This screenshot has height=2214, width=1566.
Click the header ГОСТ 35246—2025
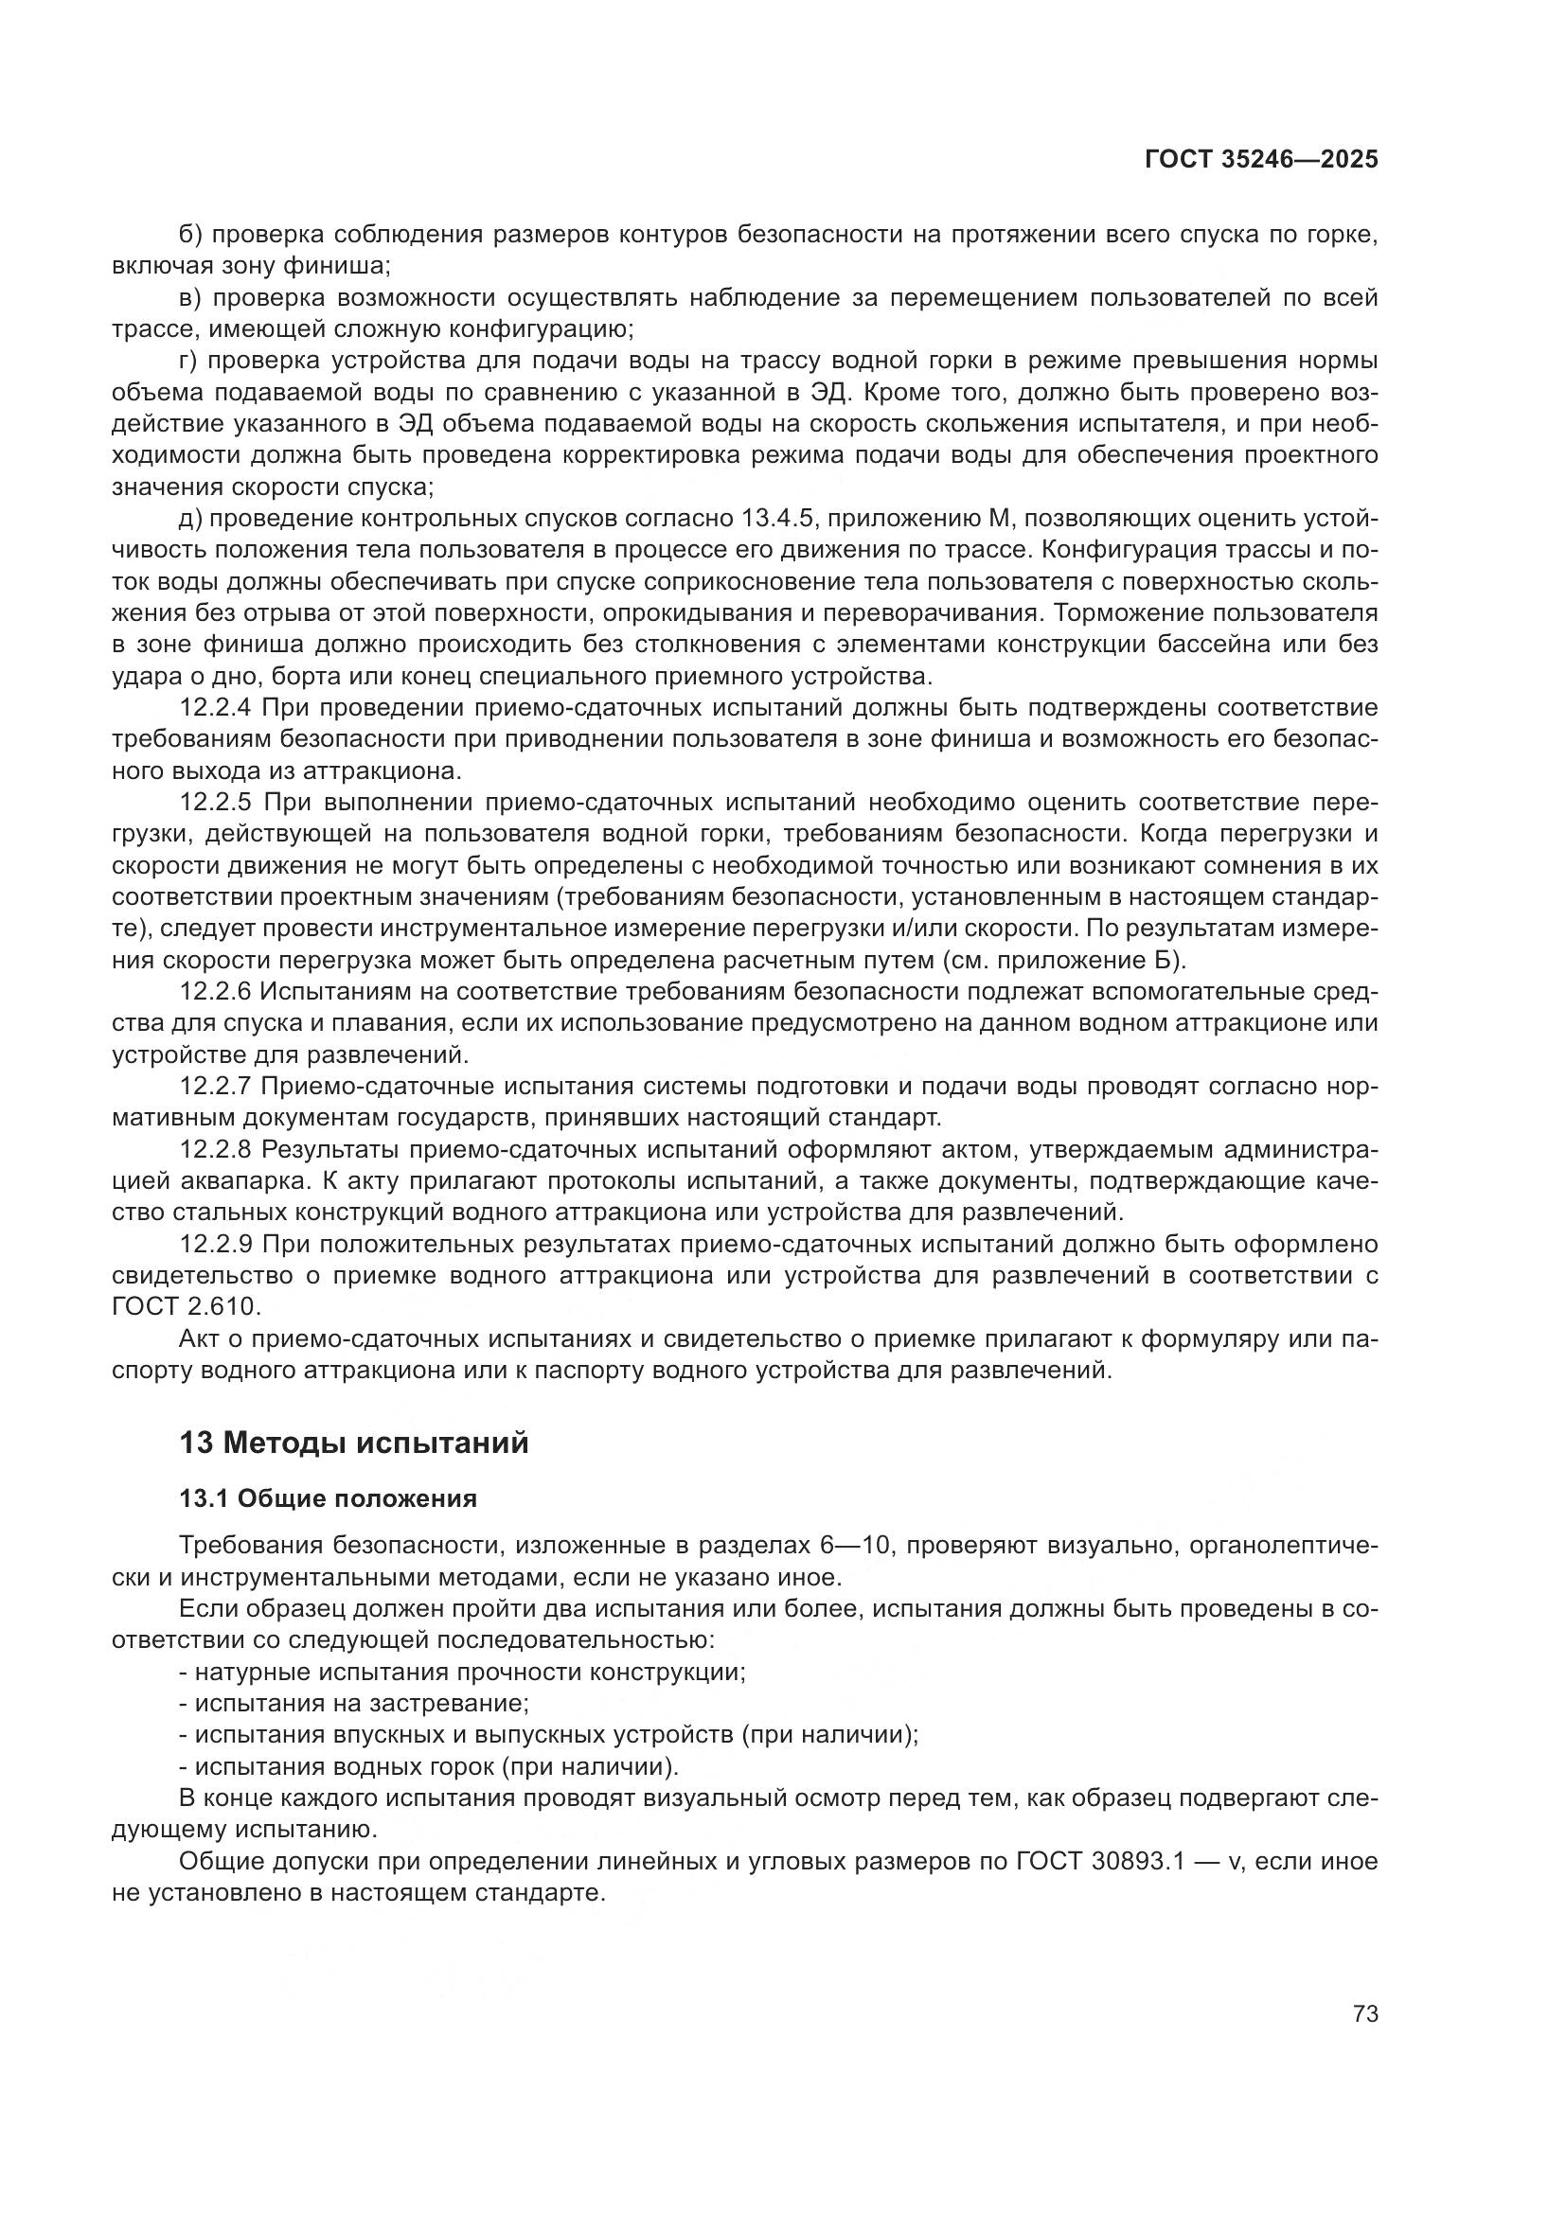[x=1261, y=160]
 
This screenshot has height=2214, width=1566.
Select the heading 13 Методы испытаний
[x=354, y=1443]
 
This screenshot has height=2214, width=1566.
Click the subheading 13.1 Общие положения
[x=328, y=1498]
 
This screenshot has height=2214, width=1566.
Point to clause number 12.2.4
[x=215, y=708]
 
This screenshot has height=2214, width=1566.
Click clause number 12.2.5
[x=215, y=803]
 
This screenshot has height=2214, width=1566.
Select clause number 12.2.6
[x=215, y=991]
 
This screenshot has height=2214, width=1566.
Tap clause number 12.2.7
[x=215, y=1086]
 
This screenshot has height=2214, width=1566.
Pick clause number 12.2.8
[x=215, y=1149]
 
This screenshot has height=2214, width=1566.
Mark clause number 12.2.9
[x=215, y=1244]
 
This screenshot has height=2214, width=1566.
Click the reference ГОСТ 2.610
[x=186, y=1306]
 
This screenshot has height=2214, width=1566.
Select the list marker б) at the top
[x=189, y=235]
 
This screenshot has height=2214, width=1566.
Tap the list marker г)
[x=188, y=361]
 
